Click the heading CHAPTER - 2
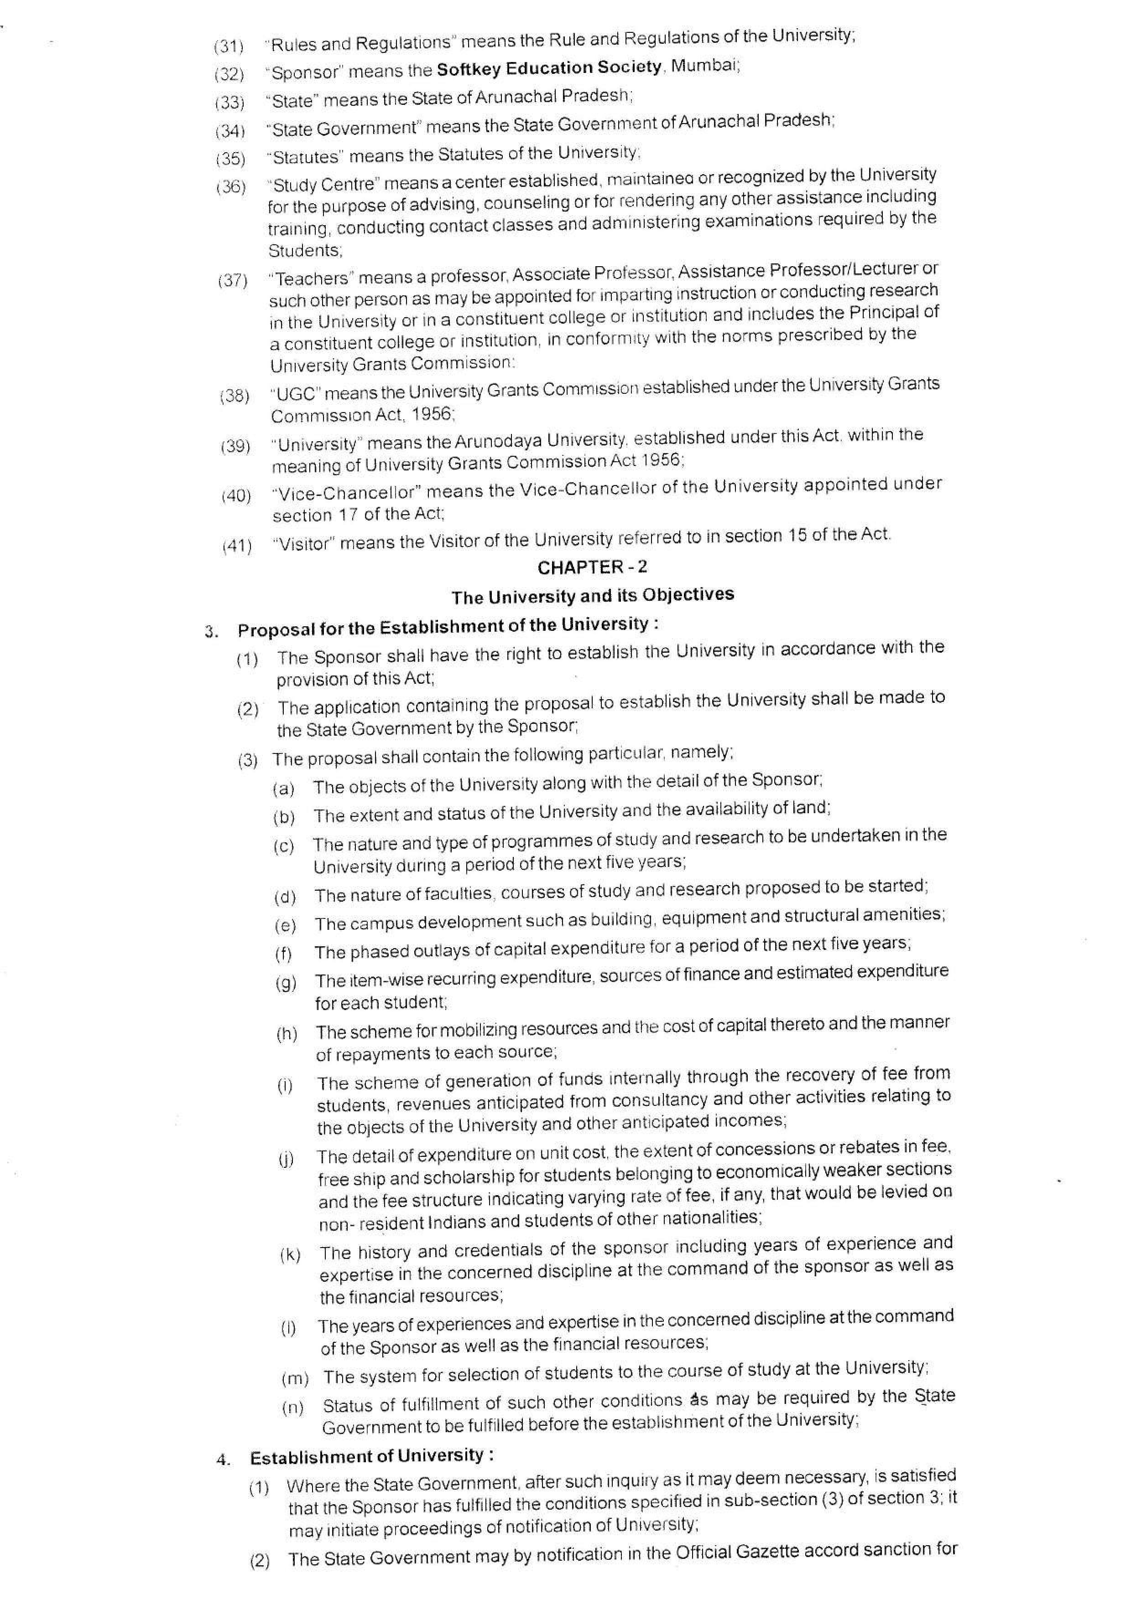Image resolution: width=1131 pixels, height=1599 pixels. (592, 567)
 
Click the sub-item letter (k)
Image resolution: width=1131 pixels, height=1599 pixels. (290, 1254)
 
